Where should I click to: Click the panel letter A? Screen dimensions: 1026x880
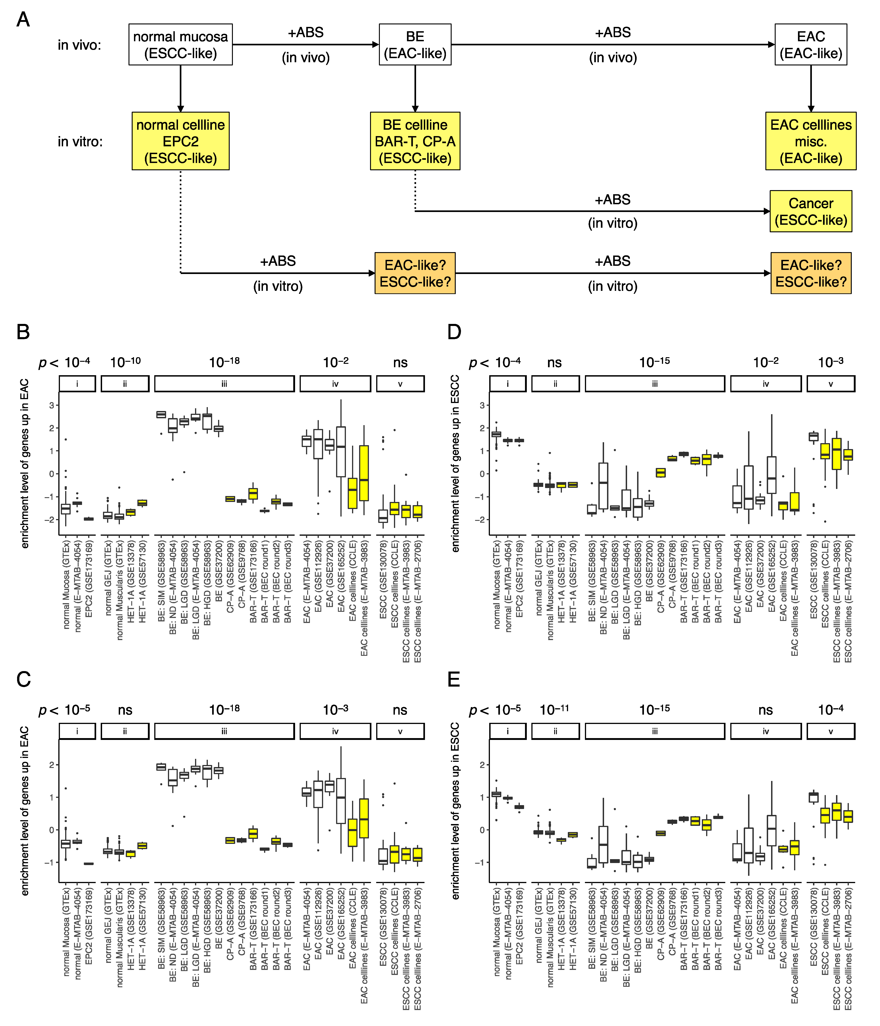coord(23,20)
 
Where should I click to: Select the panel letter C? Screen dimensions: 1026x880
coord(23,679)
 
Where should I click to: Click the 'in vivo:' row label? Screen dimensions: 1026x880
coord(79,45)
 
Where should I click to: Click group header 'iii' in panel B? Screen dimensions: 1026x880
coord(224,384)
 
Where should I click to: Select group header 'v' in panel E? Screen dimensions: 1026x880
coord(831,731)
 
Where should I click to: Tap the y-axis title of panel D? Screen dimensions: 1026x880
coord(455,463)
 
